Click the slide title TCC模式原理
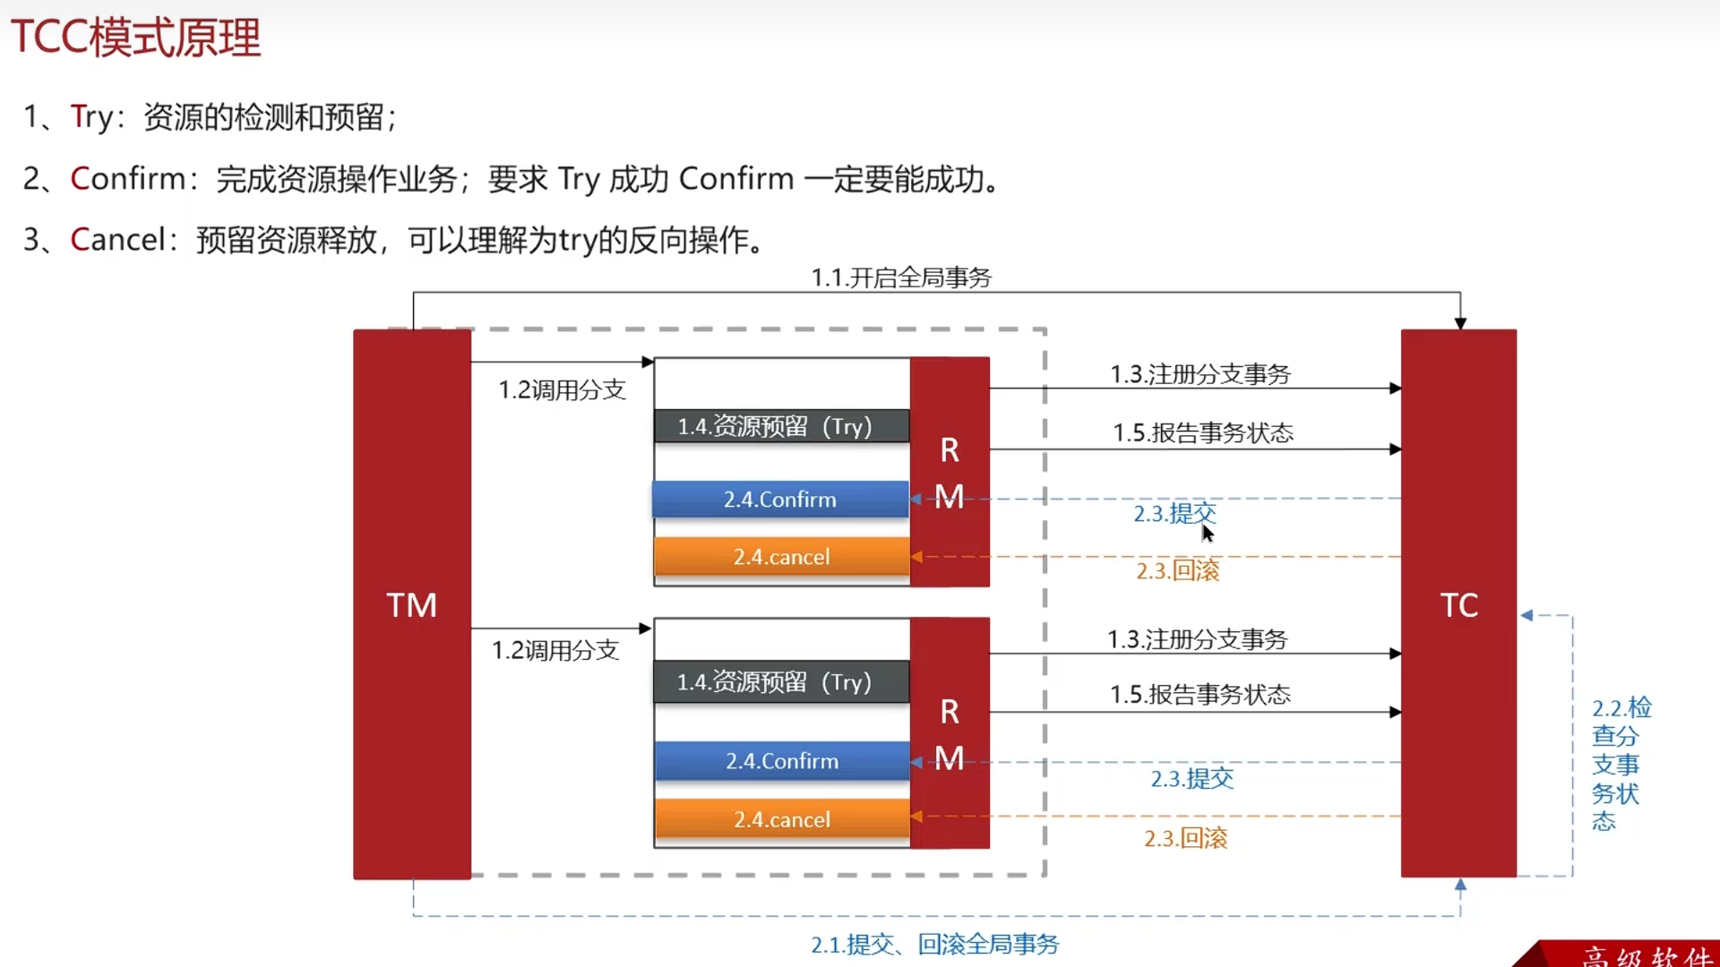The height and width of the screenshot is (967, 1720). click(135, 38)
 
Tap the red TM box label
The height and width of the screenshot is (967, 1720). click(412, 605)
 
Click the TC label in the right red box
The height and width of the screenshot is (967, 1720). click(1459, 605)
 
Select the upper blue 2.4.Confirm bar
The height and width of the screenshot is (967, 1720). click(780, 499)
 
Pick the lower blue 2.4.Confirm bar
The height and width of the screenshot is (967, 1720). click(782, 760)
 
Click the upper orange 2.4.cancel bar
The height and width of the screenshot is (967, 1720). click(782, 556)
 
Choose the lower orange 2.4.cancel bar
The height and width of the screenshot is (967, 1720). click(782, 818)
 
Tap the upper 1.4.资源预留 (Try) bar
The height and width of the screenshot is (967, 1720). click(782, 425)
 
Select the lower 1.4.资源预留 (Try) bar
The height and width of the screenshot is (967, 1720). click(782, 681)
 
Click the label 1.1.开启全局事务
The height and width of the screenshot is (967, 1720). click(901, 278)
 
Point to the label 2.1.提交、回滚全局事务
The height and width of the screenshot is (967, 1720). click(935, 944)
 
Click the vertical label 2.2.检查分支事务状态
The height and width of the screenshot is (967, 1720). click(1621, 764)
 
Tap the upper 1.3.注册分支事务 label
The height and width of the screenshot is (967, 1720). click(1200, 373)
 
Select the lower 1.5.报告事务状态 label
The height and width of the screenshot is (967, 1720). click(1200, 694)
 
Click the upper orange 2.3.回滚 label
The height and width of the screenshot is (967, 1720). click(1178, 570)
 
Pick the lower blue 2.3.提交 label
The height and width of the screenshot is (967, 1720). click(1192, 778)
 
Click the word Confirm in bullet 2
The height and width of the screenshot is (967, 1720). click(128, 178)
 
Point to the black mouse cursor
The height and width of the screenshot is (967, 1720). click(1208, 534)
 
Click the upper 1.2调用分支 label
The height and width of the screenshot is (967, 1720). click(562, 389)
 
